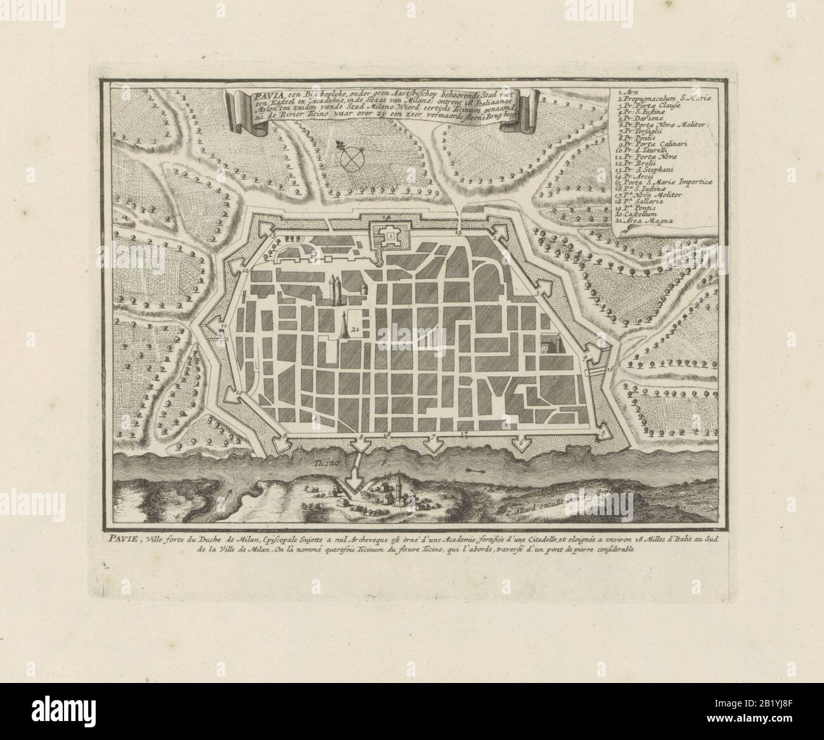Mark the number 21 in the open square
[x=355, y=329]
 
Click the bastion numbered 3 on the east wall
[x=539, y=290]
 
